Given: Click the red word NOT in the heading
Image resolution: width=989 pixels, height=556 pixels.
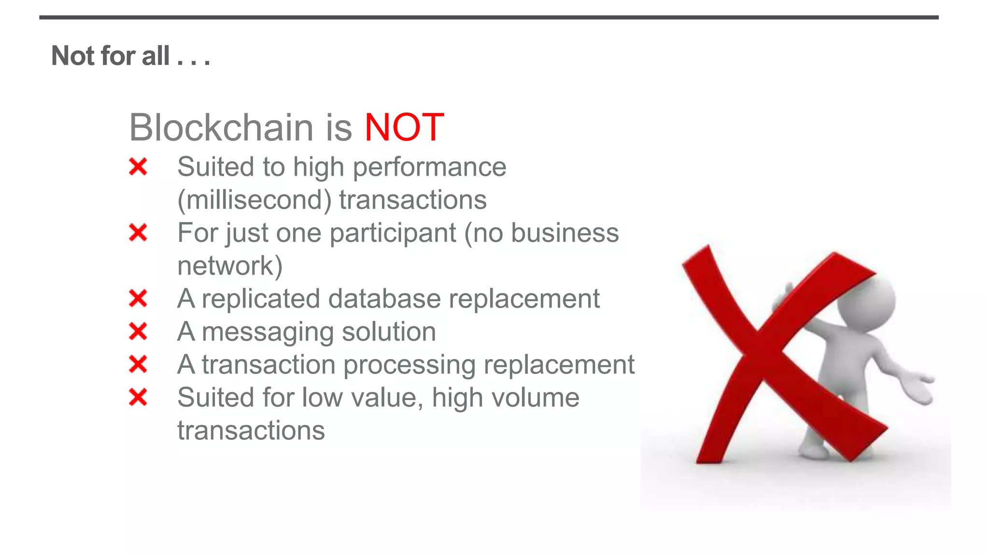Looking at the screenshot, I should (x=404, y=127).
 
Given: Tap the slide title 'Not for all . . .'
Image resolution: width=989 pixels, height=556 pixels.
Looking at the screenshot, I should (x=130, y=56).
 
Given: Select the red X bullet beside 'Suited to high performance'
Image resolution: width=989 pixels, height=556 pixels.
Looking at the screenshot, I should (x=138, y=167).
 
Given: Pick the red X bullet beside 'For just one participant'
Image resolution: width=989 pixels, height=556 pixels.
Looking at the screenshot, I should (x=138, y=233).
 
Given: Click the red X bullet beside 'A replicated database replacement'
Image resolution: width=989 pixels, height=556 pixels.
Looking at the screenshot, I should (x=138, y=298).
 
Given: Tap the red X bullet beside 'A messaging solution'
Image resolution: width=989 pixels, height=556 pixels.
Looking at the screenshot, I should (x=138, y=332).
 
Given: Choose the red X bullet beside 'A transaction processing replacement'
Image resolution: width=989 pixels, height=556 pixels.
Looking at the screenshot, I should (x=138, y=364).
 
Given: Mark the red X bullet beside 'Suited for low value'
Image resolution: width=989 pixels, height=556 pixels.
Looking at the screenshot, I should (x=138, y=398).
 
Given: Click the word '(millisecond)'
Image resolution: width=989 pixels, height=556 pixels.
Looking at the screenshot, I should (x=254, y=200).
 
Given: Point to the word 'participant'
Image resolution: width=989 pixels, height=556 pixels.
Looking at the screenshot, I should (x=393, y=233).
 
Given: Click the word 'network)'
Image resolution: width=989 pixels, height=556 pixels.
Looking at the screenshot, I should (x=230, y=265).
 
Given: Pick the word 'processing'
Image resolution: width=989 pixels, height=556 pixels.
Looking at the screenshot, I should (x=409, y=365).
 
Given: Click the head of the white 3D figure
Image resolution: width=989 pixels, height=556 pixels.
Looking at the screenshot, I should (x=867, y=302).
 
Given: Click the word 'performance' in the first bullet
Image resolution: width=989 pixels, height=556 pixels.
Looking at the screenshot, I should (x=429, y=167).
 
